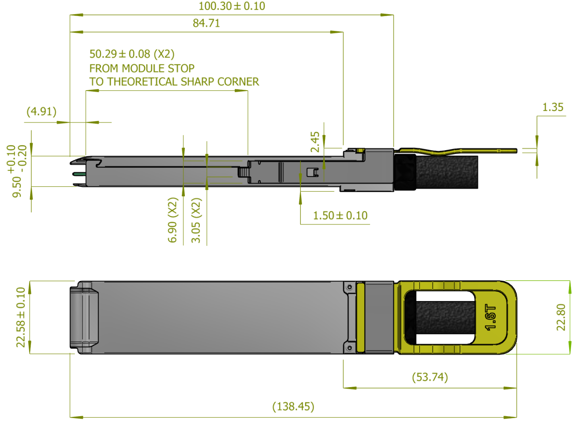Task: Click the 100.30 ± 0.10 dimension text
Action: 232,6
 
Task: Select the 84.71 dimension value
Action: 206,23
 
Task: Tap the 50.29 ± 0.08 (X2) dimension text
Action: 132,54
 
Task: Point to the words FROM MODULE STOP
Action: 142,68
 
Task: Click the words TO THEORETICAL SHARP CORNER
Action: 174,82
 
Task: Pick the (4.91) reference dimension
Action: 41,111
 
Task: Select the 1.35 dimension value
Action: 553,107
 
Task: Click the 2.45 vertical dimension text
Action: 315,142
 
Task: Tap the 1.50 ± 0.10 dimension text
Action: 340,216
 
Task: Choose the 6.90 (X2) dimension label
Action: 172,220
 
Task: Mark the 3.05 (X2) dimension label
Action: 196,220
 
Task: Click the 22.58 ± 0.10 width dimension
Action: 21,317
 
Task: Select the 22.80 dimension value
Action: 561,317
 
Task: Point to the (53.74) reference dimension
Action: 430,377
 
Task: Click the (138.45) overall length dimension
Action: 293,406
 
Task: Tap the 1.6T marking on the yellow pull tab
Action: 490,317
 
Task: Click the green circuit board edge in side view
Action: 79,174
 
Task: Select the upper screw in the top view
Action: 350,287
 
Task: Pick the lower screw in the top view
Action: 349,348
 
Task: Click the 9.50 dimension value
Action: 17,187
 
